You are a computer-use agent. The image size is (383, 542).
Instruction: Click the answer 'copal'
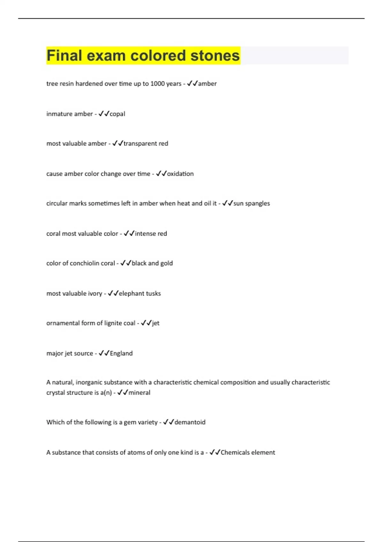click(117, 114)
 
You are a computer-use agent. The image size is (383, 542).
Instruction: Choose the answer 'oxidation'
click(180, 174)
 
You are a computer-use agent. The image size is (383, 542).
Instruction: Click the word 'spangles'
click(257, 203)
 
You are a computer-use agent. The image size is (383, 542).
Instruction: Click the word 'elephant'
click(131, 293)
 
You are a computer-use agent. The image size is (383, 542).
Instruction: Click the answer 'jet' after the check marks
click(156, 323)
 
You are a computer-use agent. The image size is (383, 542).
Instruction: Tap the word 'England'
click(121, 353)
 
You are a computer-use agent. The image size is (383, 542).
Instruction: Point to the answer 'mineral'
click(139, 392)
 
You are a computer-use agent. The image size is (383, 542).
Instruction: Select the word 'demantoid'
click(190, 422)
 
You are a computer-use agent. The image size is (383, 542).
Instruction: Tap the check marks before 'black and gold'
click(126, 263)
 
